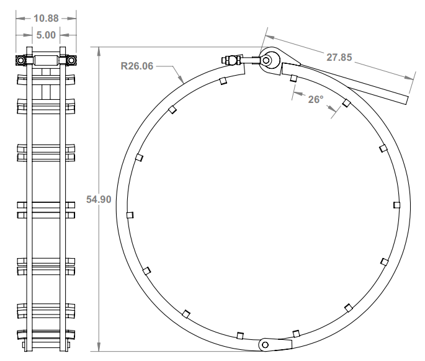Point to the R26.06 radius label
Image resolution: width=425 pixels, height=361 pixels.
click(136, 64)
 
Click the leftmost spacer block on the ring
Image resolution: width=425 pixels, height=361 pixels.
click(130, 215)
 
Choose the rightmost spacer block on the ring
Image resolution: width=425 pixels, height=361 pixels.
click(397, 205)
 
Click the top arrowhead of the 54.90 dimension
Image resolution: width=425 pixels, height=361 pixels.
click(99, 50)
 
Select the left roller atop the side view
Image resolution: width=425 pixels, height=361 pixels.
click(22, 61)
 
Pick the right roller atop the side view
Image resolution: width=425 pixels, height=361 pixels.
click(71, 61)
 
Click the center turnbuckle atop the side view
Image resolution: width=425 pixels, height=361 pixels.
click(47, 61)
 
